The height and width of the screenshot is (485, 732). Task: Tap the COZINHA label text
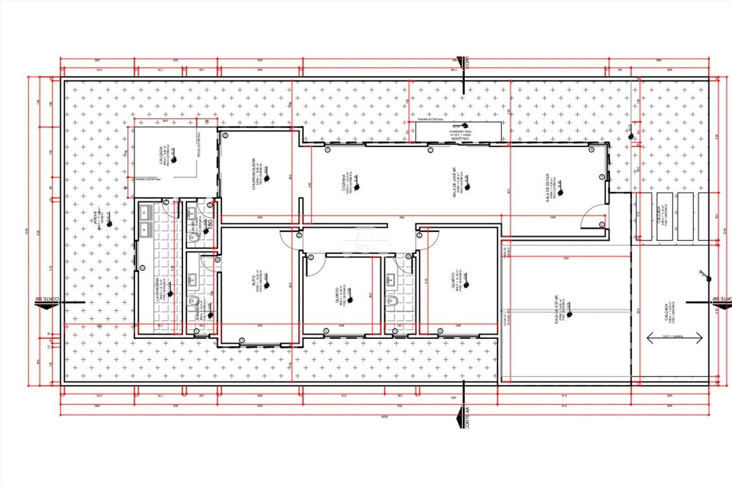click(344, 183)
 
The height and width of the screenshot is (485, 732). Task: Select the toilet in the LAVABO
click(194, 240)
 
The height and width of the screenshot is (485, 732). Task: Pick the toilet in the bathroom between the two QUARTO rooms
click(392, 300)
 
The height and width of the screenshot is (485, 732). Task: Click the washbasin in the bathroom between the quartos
click(389, 278)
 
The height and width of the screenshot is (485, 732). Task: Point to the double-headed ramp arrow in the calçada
click(674, 338)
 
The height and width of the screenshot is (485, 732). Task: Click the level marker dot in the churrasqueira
click(267, 178)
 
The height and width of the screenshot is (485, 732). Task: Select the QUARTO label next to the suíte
click(337, 296)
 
